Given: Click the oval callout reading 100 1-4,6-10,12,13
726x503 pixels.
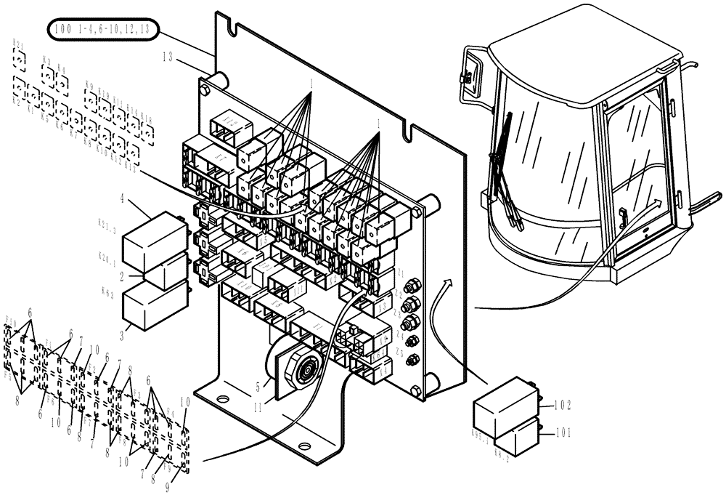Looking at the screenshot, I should click(x=102, y=30).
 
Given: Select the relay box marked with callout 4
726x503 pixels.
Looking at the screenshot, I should click(x=148, y=241).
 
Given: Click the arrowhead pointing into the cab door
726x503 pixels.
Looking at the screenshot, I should click(x=658, y=203).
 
